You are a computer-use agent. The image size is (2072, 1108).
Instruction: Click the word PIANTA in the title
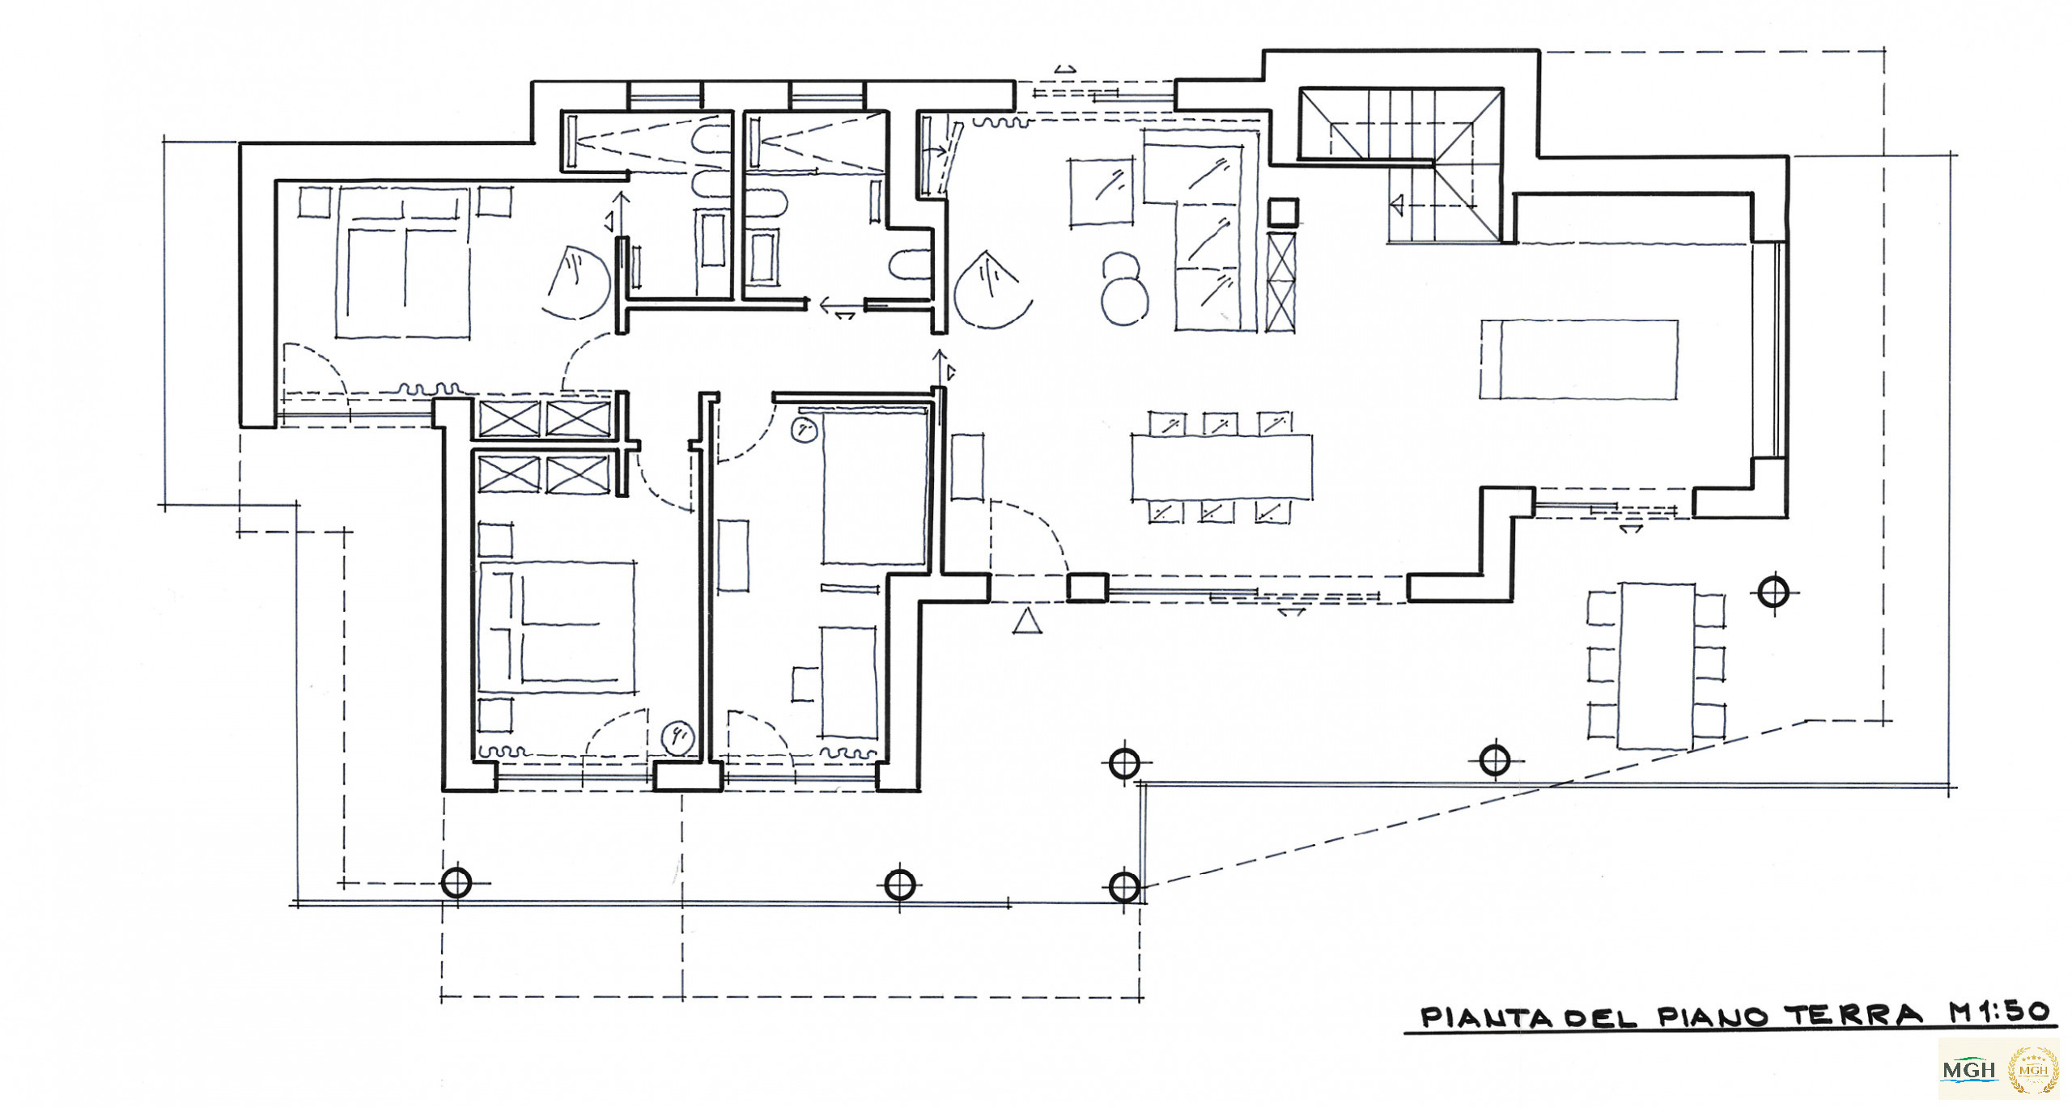(1487, 1017)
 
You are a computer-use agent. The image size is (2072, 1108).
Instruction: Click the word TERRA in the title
(1853, 1015)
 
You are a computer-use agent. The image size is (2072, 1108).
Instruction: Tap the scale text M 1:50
(1998, 1012)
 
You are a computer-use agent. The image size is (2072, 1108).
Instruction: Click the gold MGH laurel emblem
(2033, 1070)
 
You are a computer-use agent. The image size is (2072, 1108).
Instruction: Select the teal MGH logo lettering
(1969, 1070)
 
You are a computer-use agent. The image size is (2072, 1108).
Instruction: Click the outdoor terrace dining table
(1656, 665)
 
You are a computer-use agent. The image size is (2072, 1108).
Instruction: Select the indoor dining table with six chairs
(1221, 468)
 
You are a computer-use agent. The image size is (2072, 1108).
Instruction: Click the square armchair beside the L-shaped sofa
(1101, 193)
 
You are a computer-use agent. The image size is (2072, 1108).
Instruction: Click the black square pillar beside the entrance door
(1087, 588)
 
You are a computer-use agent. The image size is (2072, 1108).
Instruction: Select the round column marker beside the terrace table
(1773, 592)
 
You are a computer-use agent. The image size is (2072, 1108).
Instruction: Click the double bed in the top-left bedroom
(403, 263)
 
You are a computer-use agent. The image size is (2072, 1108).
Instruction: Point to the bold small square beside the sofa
(1283, 212)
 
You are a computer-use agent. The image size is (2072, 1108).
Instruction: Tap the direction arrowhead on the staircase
(1395, 205)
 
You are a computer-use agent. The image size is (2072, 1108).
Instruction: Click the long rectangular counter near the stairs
(1579, 359)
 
